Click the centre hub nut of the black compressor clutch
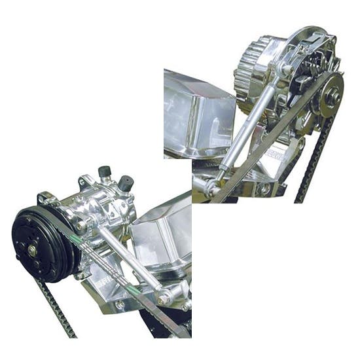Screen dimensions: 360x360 [x=32, y=249]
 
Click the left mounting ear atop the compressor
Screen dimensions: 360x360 [x=46, y=198]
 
